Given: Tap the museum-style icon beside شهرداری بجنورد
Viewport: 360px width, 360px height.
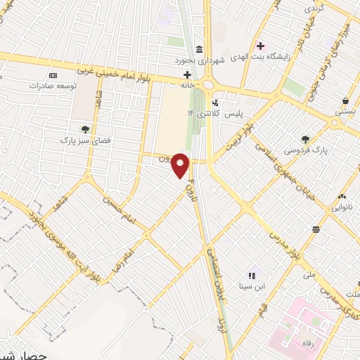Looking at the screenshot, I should point(200,49).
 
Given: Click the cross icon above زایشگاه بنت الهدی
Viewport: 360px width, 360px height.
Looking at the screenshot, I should point(260,46).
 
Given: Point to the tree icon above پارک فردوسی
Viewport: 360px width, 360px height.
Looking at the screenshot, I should point(305,139).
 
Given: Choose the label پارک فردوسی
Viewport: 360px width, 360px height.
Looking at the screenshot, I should point(313,150).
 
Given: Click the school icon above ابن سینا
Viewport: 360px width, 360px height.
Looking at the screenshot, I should point(251,275).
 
